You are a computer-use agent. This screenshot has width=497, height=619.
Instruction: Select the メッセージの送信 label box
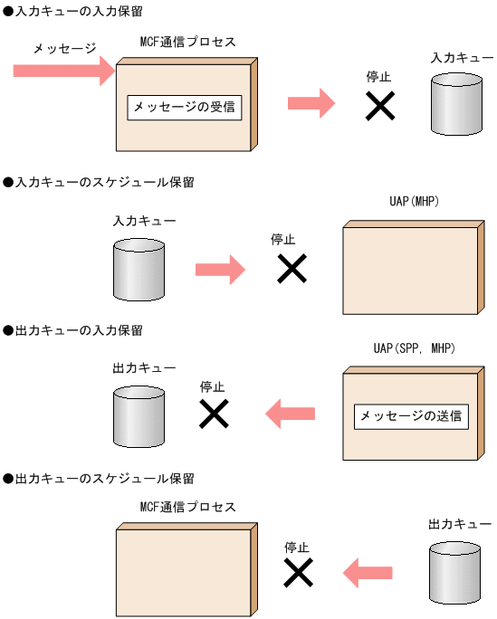[411, 416]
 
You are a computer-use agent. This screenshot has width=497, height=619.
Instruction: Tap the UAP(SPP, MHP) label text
[413, 348]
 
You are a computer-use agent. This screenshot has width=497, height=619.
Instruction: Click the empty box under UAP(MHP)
[410, 270]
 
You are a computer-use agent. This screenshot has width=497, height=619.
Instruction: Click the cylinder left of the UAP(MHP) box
[138, 263]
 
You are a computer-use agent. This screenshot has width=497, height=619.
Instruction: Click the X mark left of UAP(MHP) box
[291, 269]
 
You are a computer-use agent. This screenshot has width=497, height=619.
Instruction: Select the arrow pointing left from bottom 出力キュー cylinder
[368, 572]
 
